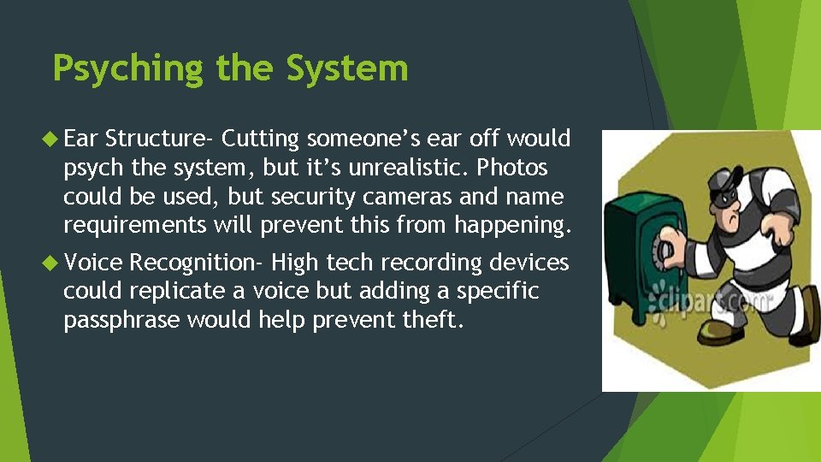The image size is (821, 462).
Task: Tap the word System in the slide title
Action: (x=347, y=68)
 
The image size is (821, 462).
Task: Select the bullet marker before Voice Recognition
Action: (x=54, y=262)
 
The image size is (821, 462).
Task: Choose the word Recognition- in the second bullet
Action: (x=196, y=262)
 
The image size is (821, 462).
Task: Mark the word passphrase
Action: (x=121, y=320)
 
